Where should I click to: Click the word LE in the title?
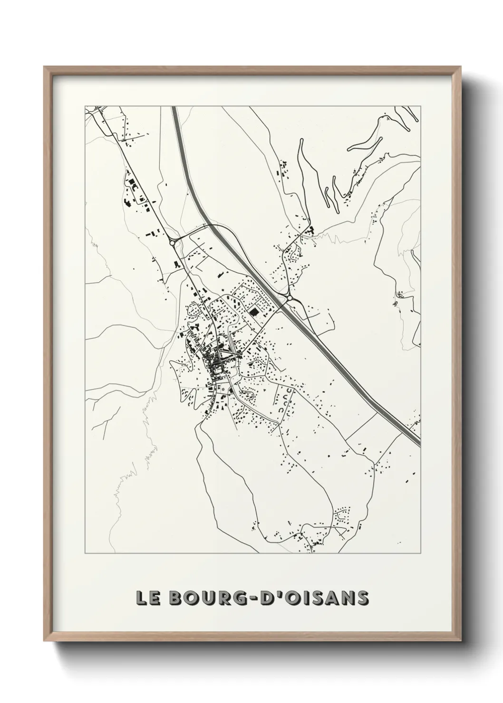[x=146, y=598]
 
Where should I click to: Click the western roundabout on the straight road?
[x=172, y=243]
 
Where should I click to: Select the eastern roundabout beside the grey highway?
[x=289, y=298]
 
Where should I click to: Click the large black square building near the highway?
[x=253, y=312]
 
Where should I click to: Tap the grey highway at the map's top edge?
[x=174, y=107]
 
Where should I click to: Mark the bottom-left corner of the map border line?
[x=85, y=553]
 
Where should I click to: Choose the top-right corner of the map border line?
[x=421, y=106]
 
